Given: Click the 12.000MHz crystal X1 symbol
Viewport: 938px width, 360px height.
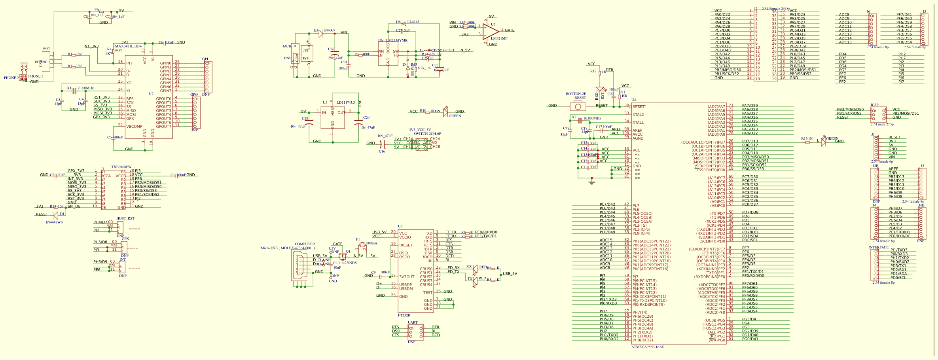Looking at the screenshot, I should pos(74,91).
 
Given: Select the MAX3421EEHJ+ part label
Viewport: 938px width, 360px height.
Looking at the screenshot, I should pos(128,46).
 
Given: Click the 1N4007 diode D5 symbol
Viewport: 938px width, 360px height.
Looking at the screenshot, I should pos(321,34).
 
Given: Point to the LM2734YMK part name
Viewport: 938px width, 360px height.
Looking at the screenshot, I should pos(397,40).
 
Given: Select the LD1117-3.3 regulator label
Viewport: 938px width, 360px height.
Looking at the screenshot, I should pos(345,102).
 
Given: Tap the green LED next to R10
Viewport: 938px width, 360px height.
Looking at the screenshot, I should pos(445,112).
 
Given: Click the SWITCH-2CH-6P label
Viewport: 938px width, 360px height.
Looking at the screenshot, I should pos(427,134).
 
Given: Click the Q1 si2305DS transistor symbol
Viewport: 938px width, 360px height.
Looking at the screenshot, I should pos(343,256).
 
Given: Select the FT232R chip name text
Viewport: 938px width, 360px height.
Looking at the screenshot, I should pos(404,315).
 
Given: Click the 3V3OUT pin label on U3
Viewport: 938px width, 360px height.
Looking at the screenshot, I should pos(407,277).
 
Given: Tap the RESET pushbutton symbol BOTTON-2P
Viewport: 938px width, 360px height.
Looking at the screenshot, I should pos(578,106).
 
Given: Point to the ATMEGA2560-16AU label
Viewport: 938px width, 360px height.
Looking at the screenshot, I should pos(648,347).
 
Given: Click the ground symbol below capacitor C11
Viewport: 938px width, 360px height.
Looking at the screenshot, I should pos(591,182).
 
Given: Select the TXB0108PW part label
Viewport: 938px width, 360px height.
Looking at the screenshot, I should pos(121,167).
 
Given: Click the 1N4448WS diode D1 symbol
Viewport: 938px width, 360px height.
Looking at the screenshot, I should pos(56,215).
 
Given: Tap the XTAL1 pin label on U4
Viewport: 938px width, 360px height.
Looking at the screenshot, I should pos(638,123).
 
